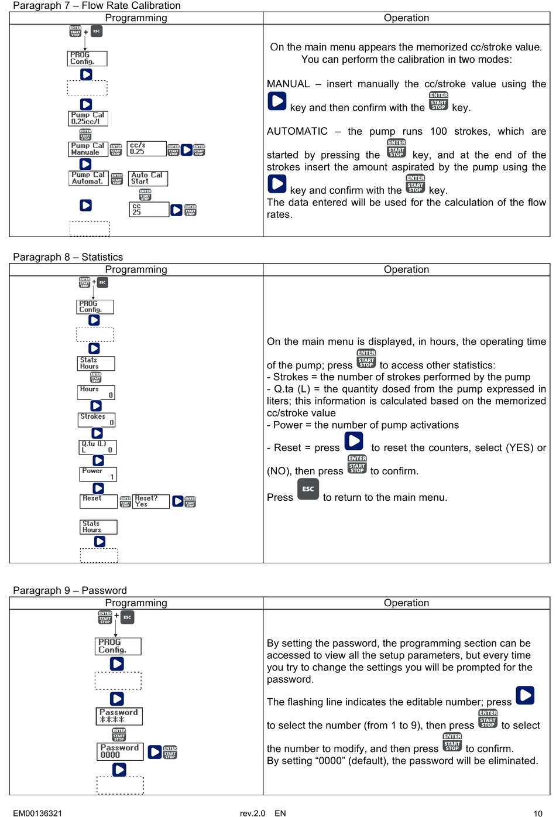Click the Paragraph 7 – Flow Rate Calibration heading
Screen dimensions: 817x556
coord(97,5)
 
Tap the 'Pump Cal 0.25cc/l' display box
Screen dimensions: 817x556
coord(88,118)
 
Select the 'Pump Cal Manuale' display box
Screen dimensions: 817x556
coord(88,149)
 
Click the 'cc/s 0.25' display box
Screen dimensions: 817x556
coord(146,148)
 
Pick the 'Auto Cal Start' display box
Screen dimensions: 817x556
coord(148,178)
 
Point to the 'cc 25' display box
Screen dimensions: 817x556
coord(149,209)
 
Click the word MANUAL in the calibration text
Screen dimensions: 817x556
coord(288,84)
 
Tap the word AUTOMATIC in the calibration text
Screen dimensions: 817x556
coord(297,132)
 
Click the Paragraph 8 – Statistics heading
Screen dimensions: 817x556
coord(68,257)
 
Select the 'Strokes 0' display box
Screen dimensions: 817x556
coord(97,419)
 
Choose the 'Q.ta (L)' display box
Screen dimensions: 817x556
coord(98,447)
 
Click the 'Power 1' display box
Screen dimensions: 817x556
coord(98,474)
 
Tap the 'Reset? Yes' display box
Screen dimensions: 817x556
coord(151,501)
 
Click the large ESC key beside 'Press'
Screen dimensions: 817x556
coord(308,489)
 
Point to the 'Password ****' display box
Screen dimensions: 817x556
coord(119,716)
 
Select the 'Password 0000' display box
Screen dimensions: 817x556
coord(120,751)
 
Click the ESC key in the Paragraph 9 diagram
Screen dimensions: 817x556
coord(127,617)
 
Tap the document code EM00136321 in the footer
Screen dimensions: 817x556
coord(37,813)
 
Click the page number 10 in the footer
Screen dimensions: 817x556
coord(538,813)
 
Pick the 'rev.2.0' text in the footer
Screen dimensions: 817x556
coord(252,813)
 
